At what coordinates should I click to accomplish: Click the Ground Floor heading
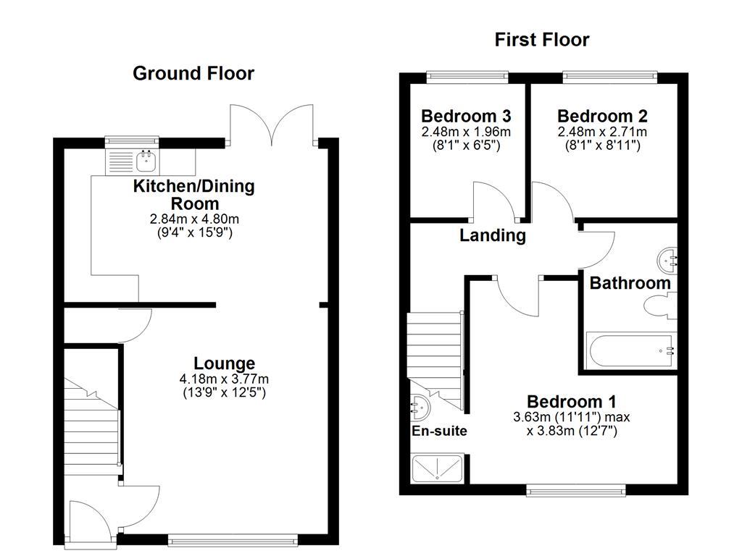(193, 73)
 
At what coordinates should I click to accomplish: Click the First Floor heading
(542, 39)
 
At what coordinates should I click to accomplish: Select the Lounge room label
(224, 363)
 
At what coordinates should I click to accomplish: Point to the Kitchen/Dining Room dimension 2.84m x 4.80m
(193, 219)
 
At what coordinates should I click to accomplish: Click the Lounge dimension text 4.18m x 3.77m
(224, 379)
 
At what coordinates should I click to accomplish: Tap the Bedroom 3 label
(466, 116)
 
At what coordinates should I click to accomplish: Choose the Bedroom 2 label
(602, 116)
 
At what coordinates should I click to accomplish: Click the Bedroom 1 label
(572, 401)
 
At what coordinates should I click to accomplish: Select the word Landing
(493, 235)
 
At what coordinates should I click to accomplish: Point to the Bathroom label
(630, 283)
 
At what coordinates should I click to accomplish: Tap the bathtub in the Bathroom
(630, 350)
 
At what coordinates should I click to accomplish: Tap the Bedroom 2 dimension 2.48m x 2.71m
(602, 132)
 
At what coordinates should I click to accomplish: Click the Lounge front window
(232, 539)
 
